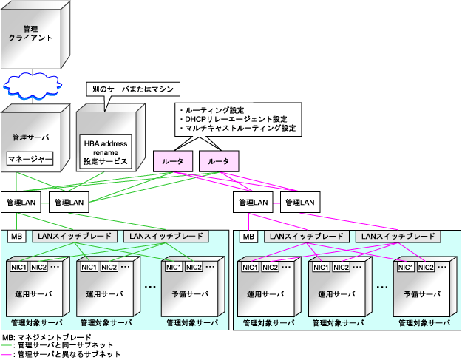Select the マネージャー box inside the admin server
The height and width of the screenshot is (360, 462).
click(30, 158)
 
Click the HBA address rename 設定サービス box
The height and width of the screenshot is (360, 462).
click(106, 152)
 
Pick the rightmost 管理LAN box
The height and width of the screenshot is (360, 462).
click(300, 201)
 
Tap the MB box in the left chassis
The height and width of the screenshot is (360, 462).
click(16, 236)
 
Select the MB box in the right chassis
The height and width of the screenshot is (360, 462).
click(249, 236)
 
